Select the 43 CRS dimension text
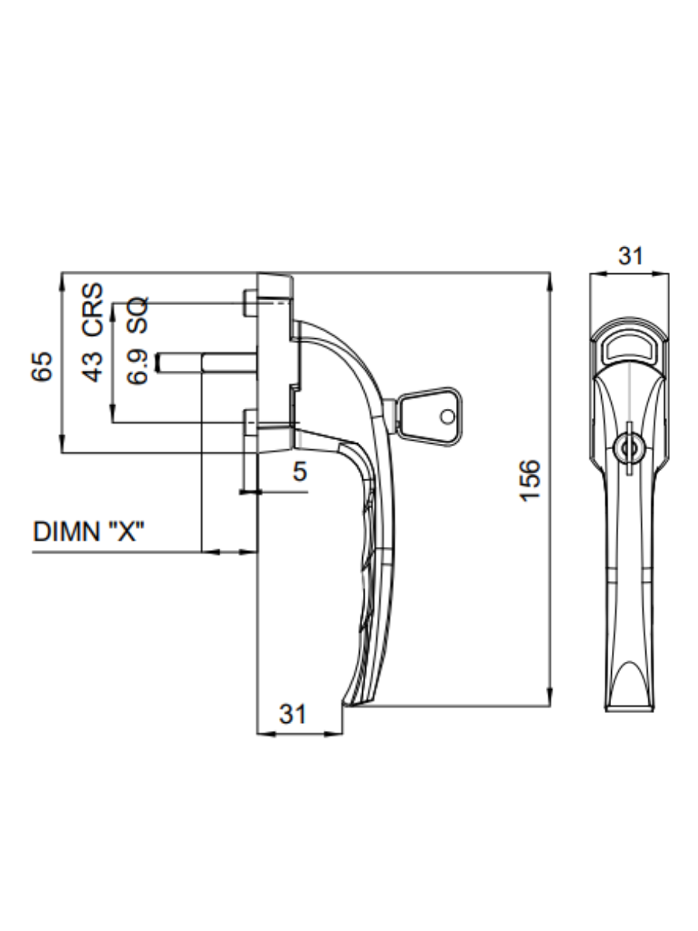click(92, 331)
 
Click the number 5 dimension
click(299, 471)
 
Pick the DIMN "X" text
click(90, 532)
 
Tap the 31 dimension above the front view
click(629, 255)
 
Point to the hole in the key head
click(446, 417)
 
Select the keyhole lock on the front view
click(628, 448)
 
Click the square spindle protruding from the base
click(206, 362)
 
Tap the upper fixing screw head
click(248, 303)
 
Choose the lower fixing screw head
click(248, 423)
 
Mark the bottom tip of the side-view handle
click(353, 702)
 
